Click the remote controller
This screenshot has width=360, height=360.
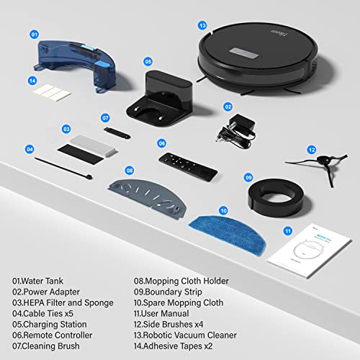click(x=187, y=165)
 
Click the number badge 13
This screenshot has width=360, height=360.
click(x=204, y=25)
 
